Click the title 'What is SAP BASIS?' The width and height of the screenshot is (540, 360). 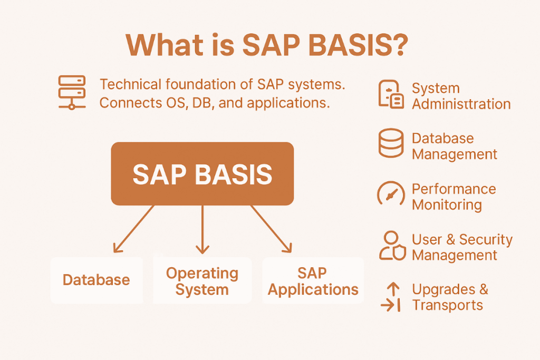[266, 46]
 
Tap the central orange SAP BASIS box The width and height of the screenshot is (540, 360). [202, 174]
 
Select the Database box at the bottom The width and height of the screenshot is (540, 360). [97, 280]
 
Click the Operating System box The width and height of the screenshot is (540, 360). [202, 281]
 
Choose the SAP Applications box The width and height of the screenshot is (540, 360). [313, 281]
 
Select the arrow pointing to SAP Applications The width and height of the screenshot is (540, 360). [271, 228]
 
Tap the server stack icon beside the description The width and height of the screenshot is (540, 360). [72, 92]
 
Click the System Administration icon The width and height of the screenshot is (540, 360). [391, 94]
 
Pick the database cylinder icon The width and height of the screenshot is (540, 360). [391, 143]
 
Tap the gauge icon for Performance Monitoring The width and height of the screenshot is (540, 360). [391, 194]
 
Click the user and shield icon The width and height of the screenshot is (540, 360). [391, 245]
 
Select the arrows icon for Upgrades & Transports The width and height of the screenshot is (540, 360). [391, 296]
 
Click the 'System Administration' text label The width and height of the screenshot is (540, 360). [461, 96]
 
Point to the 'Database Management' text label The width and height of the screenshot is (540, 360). [454, 146]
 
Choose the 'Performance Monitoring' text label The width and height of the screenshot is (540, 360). [454, 197]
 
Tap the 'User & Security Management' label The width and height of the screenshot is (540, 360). [462, 247]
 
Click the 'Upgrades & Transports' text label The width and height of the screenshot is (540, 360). [450, 297]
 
